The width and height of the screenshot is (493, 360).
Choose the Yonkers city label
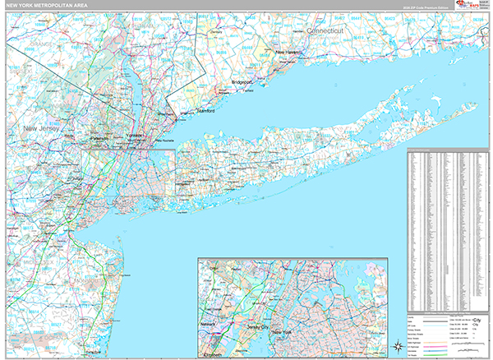[x=135, y=135]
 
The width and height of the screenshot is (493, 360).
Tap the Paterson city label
[x=100, y=140]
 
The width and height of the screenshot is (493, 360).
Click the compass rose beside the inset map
[x=397, y=346]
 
